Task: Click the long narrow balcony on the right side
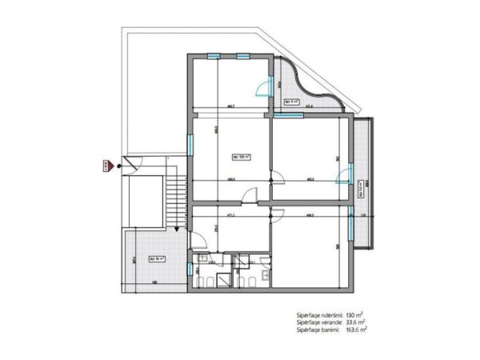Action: pos(362,184)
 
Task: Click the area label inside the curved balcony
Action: pos(293,102)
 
